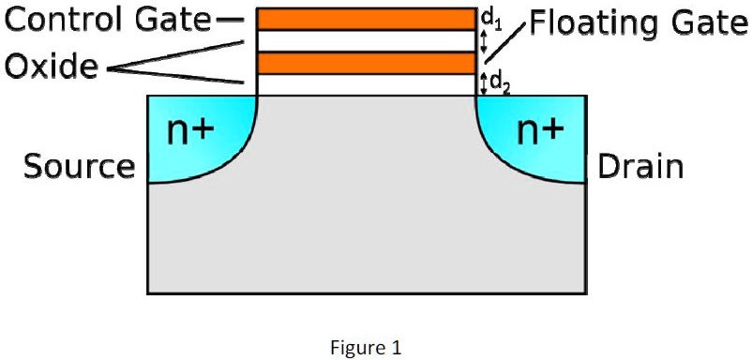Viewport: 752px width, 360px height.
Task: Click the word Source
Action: [x=79, y=168]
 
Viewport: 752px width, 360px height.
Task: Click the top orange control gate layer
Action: [x=367, y=19]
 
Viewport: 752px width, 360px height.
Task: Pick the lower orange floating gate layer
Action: [x=367, y=63]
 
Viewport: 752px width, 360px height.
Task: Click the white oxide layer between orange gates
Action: [x=367, y=40]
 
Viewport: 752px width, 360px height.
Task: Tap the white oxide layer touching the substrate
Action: [x=367, y=84]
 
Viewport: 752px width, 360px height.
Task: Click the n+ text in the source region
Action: [x=189, y=133]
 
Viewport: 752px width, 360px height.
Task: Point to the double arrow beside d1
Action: [x=483, y=41]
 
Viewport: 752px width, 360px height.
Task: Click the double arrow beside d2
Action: [x=483, y=84]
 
